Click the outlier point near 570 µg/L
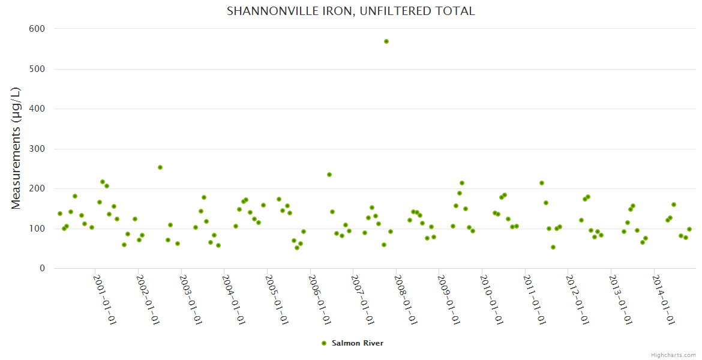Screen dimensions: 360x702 coord(386,41)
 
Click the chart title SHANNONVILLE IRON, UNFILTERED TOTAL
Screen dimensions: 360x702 coord(351,11)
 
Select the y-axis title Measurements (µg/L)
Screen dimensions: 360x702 coord(16,148)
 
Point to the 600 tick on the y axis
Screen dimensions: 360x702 coord(37,29)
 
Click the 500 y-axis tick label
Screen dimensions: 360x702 coord(37,69)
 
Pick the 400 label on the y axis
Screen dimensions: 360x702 coord(37,109)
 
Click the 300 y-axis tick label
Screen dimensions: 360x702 coord(37,149)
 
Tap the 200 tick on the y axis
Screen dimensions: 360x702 coord(37,188)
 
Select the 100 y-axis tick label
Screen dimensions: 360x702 coord(37,229)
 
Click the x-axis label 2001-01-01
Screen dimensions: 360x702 coord(104,299)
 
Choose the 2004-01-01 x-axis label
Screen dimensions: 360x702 coord(233,299)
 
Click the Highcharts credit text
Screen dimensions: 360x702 coord(673,355)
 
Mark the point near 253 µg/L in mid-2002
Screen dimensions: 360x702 coord(160,167)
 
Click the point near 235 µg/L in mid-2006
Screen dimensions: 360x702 coord(329,175)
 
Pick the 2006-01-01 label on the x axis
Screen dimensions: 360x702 coord(320,299)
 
